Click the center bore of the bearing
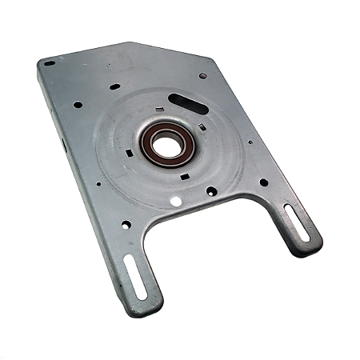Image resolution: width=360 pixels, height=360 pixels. click(166, 144)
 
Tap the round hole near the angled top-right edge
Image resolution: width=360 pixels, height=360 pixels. click(202, 76)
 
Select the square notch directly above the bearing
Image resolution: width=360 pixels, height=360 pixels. click(162, 110)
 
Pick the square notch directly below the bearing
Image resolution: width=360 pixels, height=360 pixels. click(185, 175)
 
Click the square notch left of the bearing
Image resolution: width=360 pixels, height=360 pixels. click(129, 150)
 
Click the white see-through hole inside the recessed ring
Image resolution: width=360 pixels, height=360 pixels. click(175, 201)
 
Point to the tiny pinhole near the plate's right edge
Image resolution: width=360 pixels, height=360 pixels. click(250, 143)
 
